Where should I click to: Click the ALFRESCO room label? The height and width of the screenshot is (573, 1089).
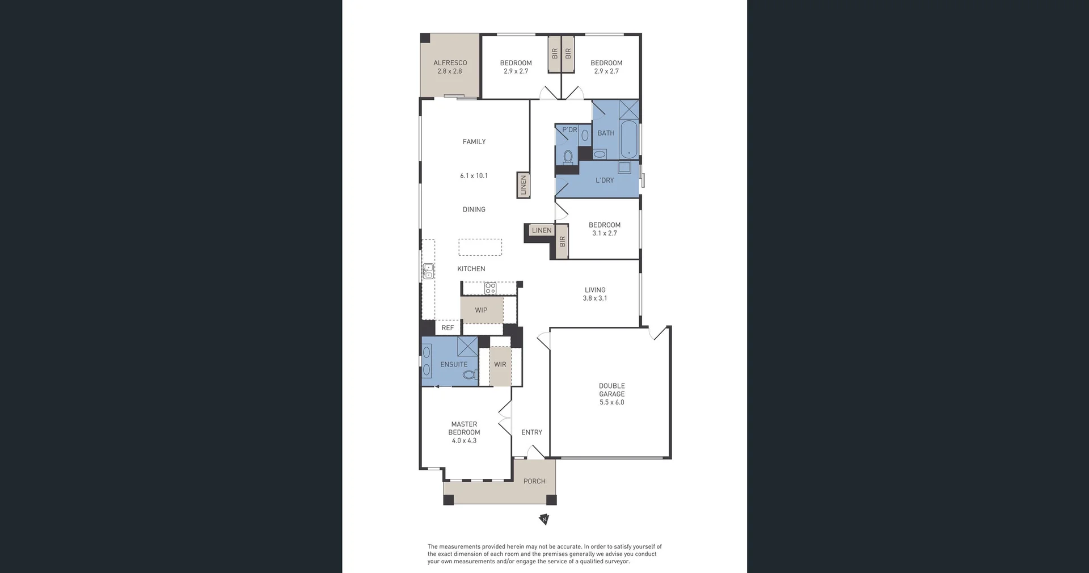pos(450,63)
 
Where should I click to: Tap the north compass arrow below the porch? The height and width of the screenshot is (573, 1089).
pos(544,519)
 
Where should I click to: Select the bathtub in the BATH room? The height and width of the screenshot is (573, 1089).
pos(628,139)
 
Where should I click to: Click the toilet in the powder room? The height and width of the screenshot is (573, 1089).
pos(568,156)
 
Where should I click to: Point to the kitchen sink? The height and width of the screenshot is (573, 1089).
pos(428,271)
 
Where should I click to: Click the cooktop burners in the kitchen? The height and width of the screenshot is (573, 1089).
pos(490,288)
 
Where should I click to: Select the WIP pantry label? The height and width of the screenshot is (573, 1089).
pos(481,310)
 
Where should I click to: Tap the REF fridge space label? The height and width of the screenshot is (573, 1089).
pos(448,328)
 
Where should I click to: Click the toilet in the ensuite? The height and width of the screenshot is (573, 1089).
pos(470,374)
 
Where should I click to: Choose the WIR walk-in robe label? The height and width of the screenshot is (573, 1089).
pos(500,364)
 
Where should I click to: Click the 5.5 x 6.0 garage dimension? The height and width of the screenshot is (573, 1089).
pos(612,402)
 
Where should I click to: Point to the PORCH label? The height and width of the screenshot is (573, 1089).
pos(534,481)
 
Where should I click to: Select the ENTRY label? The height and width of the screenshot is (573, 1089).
pos(532,432)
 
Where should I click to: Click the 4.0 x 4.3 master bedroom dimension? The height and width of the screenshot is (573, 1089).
pos(464,440)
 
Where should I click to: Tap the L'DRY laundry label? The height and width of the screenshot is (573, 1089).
pos(605,180)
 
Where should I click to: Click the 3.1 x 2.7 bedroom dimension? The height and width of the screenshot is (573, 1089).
pos(605,233)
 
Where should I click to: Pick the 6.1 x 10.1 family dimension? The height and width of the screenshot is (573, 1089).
pos(474,176)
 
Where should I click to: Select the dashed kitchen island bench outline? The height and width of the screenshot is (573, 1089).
pos(480,247)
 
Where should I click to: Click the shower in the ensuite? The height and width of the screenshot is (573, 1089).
pos(468,346)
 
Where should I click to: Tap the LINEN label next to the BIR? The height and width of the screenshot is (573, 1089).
pos(542,230)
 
